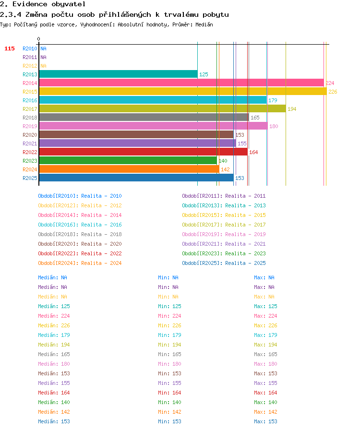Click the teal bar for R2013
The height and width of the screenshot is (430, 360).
(118, 74)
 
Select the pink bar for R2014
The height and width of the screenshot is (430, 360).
(181, 83)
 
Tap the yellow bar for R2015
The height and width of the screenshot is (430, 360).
(183, 92)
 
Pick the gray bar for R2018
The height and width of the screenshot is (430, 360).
(144, 118)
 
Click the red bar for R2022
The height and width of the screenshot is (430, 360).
(143, 152)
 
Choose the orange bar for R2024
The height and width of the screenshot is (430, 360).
(129, 169)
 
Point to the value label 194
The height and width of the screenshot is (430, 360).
(292, 109)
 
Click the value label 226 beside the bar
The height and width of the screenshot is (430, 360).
(333, 92)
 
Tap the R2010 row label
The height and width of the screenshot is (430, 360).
(30, 48)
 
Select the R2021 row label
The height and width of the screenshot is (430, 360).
(30, 143)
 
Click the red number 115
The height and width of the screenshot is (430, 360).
(10, 48)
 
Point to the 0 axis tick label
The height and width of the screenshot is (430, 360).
(39, 39)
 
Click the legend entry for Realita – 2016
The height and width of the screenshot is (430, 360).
(80, 225)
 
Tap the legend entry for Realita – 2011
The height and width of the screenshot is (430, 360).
(224, 196)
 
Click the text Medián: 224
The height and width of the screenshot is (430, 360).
(54, 316)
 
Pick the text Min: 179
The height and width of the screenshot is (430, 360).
(169, 335)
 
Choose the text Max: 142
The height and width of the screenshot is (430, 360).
(265, 412)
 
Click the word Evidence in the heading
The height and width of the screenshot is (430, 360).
(30, 4)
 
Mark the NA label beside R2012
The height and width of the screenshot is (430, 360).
(43, 66)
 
